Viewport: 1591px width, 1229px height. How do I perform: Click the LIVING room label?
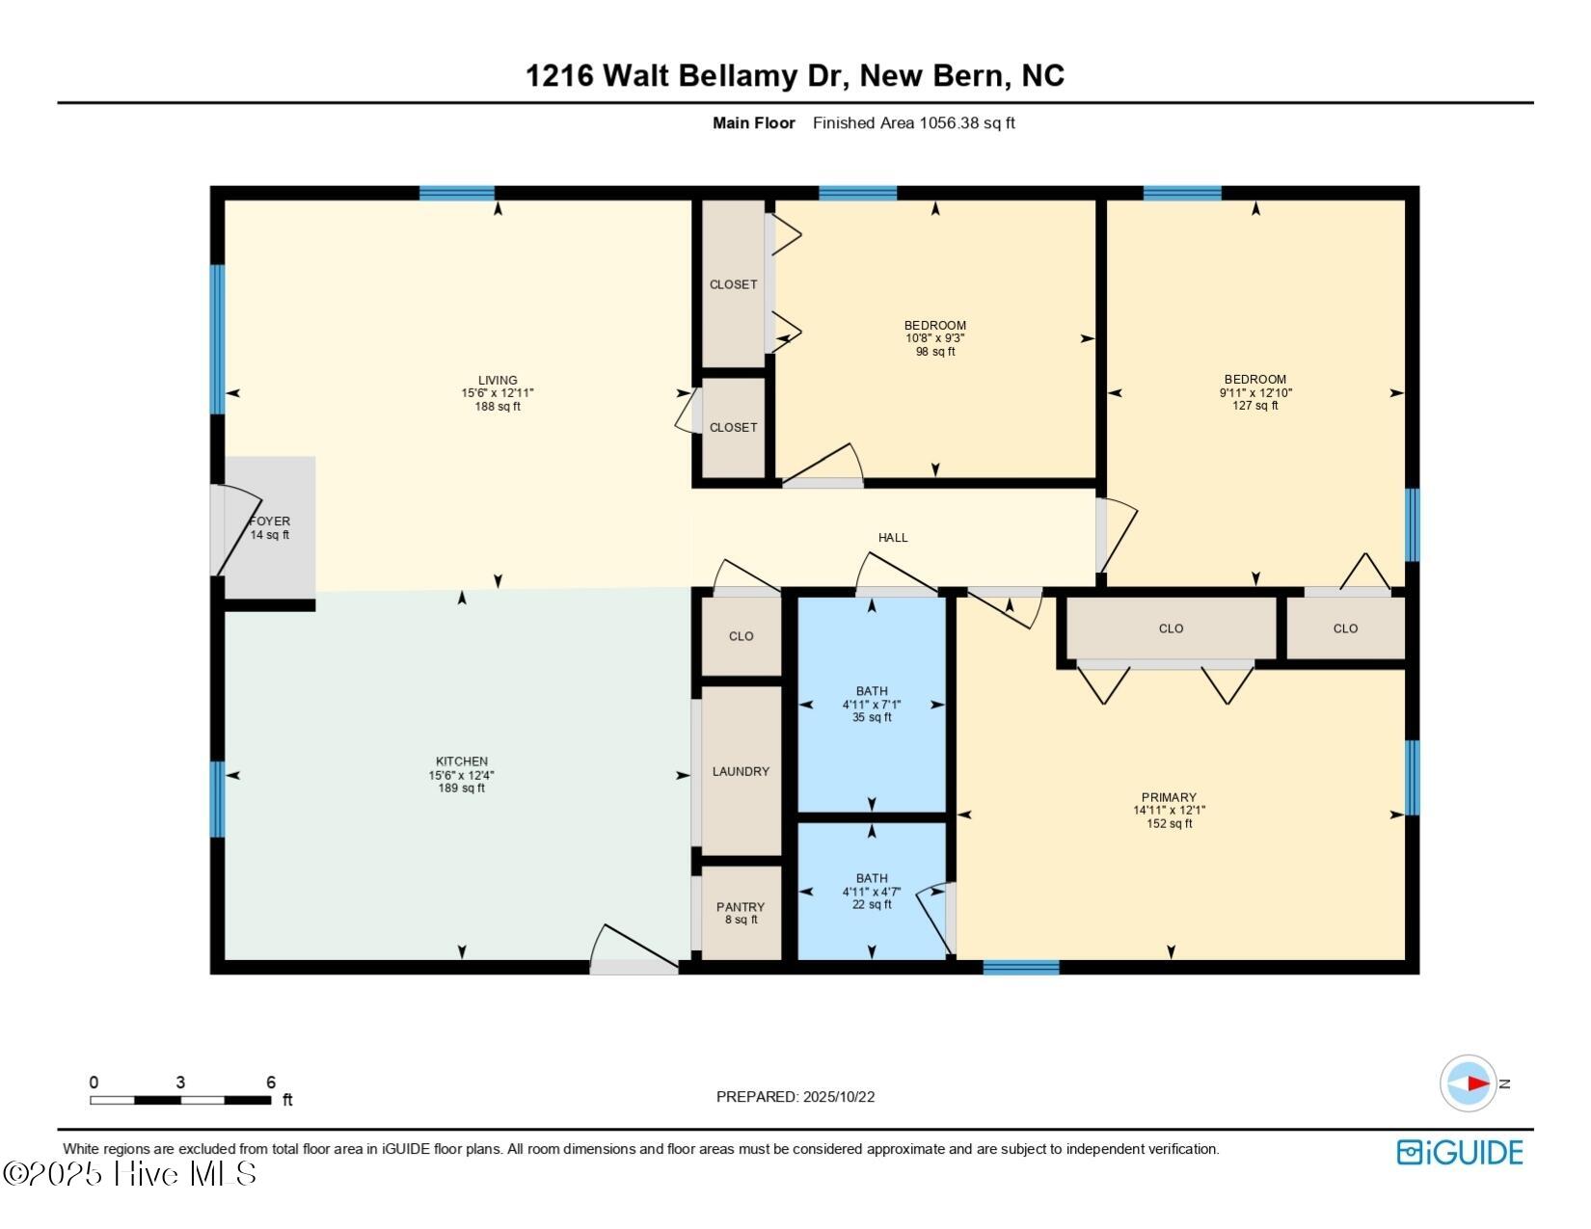click(498, 381)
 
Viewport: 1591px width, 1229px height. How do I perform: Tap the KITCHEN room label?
click(461, 761)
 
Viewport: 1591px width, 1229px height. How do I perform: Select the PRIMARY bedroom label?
click(1169, 797)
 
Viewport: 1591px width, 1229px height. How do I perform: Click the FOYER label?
click(269, 521)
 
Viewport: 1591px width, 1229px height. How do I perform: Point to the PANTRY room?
click(741, 912)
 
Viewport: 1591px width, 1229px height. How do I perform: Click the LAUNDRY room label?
click(741, 771)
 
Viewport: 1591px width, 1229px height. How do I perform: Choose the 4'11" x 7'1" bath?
click(872, 705)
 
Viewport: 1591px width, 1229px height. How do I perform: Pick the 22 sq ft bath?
click(872, 892)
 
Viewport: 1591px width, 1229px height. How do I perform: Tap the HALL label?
click(893, 538)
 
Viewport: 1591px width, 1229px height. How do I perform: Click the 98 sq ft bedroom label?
click(934, 338)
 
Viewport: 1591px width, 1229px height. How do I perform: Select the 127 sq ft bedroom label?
click(1254, 392)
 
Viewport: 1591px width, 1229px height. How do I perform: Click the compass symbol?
click(1469, 1083)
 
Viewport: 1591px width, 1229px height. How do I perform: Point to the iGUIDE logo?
click(1460, 1153)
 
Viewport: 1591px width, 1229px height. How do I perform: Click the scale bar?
click(180, 1100)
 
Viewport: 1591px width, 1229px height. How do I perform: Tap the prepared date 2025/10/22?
click(795, 1097)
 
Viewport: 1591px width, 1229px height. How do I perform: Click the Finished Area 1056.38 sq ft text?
click(913, 123)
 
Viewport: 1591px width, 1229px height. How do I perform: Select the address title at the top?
click(795, 76)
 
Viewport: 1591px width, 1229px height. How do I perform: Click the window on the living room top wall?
click(457, 193)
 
